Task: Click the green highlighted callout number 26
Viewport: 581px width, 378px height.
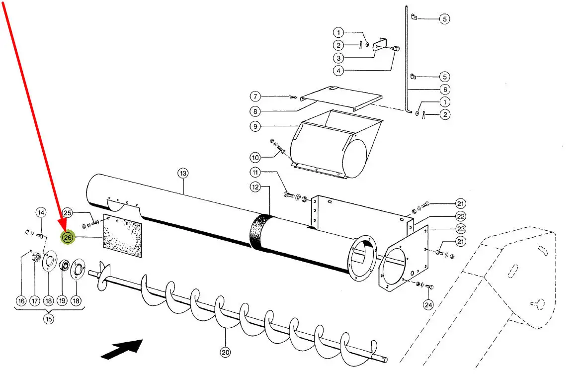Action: point(68,237)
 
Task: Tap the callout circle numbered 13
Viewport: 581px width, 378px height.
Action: point(183,173)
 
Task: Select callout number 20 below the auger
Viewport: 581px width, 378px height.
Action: point(225,352)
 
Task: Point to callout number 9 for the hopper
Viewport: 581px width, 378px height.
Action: point(255,126)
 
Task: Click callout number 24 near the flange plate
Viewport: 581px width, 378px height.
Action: point(428,305)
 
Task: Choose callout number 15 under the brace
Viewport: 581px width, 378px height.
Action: point(49,319)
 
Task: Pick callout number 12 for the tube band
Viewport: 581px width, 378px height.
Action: point(255,188)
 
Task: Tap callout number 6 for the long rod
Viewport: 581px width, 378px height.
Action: point(445,90)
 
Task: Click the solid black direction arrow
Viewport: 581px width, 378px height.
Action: point(122,349)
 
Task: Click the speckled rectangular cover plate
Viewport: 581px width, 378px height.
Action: point(122,236)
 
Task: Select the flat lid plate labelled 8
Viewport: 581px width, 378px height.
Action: point(341,98)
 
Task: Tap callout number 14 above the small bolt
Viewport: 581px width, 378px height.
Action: point(41,212)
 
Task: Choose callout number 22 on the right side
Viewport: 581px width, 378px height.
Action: point(461,216)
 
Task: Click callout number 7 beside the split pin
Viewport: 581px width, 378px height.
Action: point(255,96)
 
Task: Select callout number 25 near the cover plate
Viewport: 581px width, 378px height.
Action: point(68,213)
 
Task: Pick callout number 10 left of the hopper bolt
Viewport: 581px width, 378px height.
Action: point(255,158)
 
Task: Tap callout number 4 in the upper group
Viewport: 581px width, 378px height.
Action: point(338,71)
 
